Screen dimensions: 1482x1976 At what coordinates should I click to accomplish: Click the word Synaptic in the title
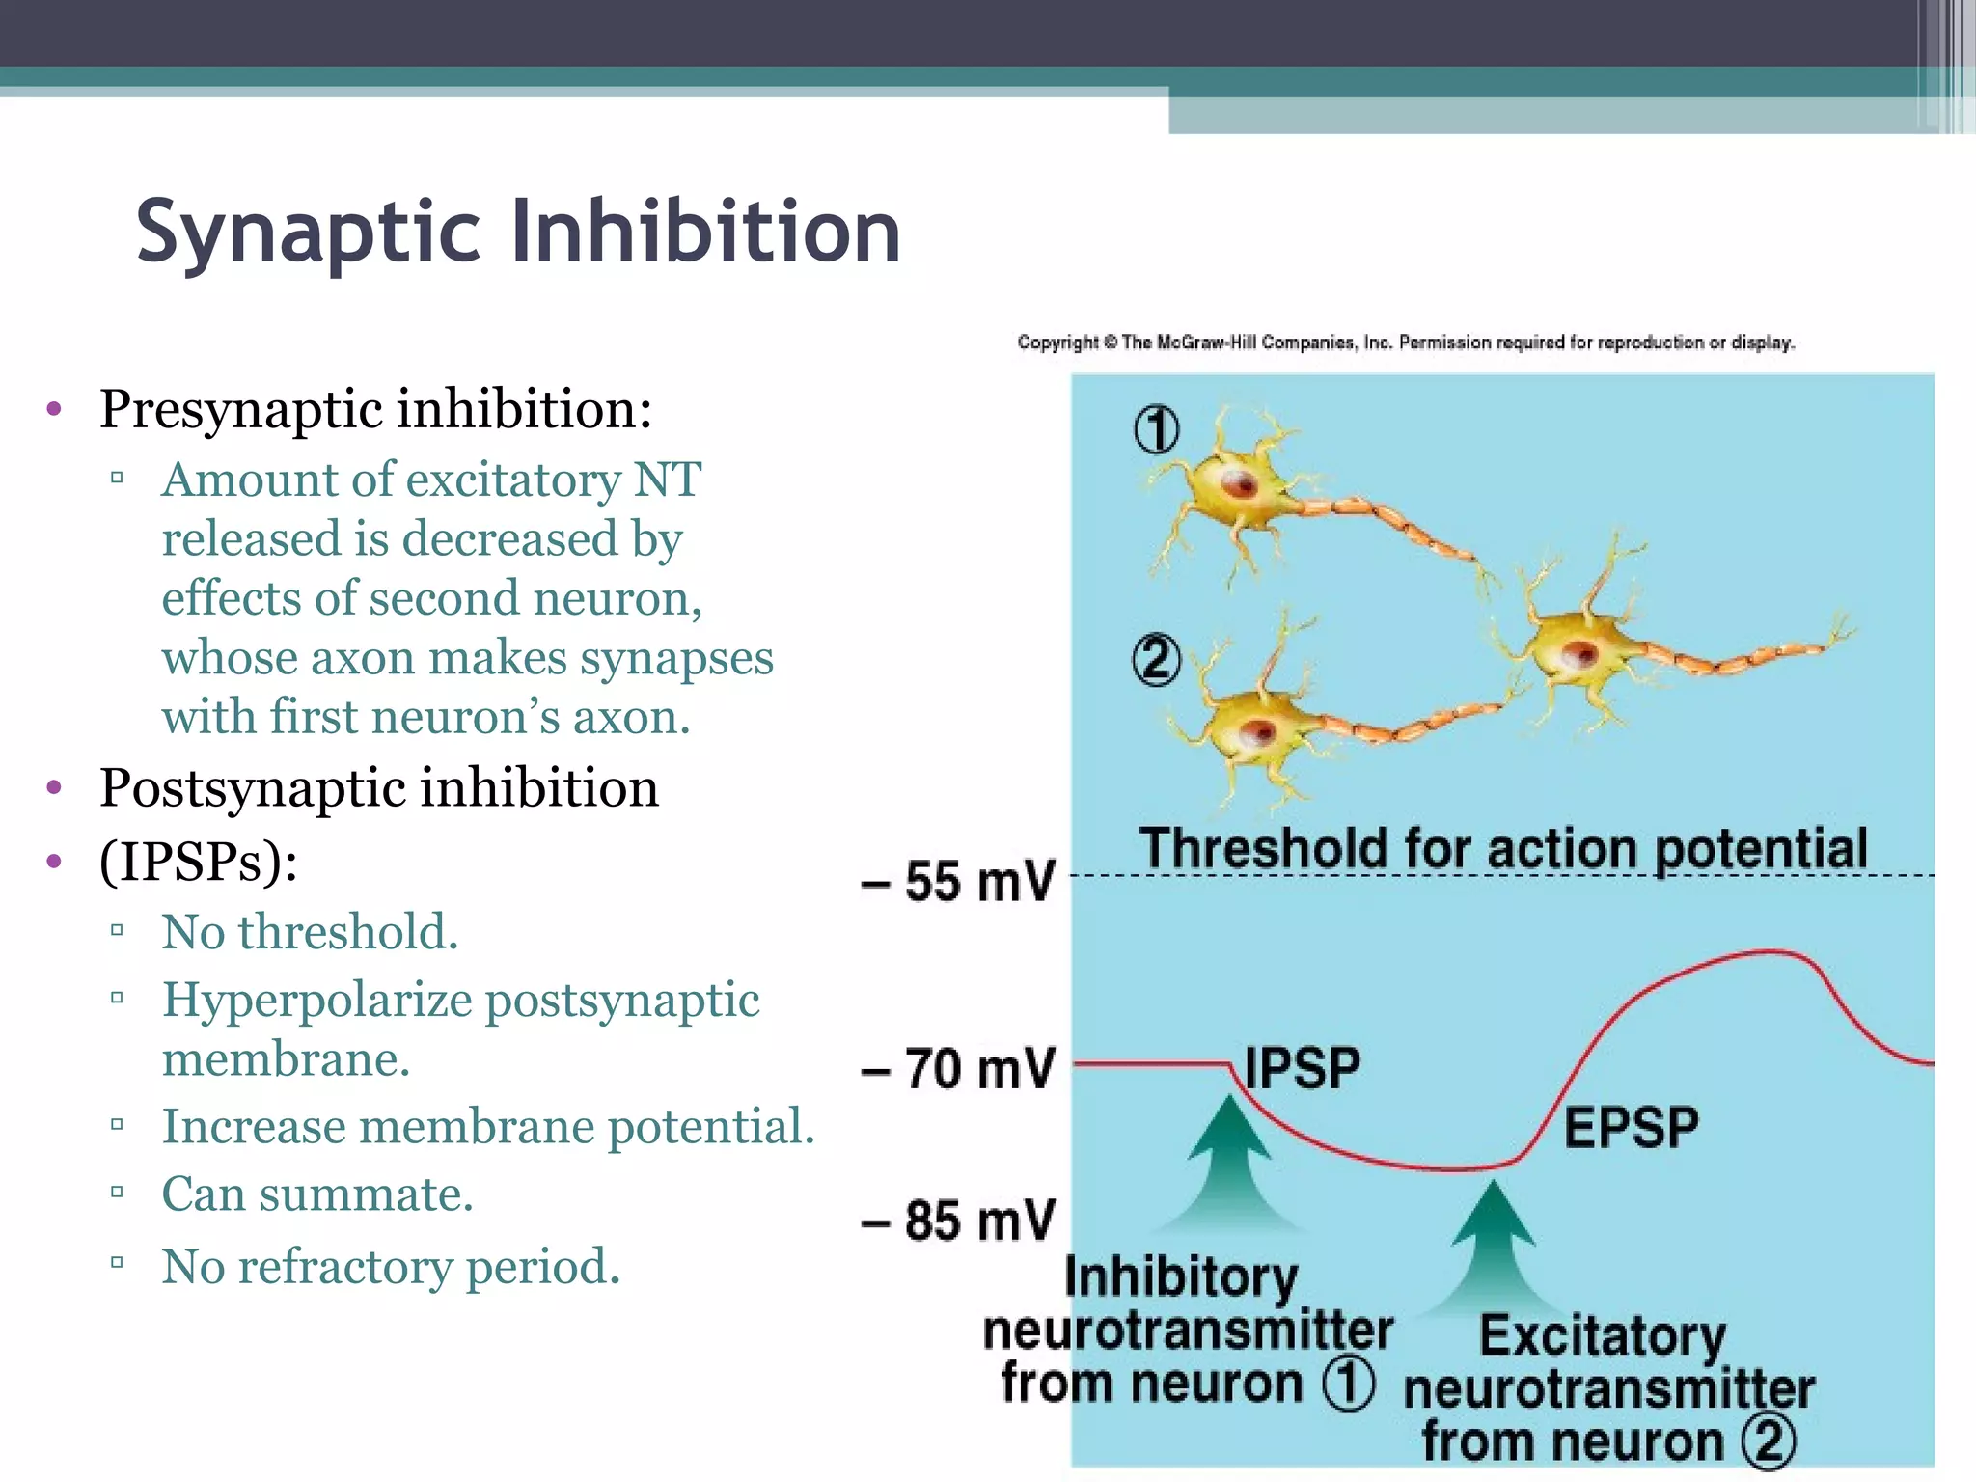(307, 232)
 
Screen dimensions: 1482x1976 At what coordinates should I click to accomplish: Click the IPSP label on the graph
(1302, 1069)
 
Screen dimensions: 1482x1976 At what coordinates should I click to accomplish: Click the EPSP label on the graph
(1631, 1128)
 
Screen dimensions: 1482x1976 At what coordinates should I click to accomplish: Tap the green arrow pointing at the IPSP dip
(1228, 1158)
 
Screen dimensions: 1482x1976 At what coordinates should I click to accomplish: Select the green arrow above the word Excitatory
(1493, 1240)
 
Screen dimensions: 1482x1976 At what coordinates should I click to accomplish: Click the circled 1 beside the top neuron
(1156, 430)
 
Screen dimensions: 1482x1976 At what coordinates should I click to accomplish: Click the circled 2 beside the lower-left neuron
(1156, 660)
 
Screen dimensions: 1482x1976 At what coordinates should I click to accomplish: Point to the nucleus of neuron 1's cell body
(1240, 483)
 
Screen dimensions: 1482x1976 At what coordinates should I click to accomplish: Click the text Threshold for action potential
(1502, 849)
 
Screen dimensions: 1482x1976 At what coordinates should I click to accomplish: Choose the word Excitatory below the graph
(1602, 1335)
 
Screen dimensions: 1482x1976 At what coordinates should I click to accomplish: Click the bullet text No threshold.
(309, 932)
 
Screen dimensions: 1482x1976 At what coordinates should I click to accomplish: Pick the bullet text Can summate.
(316, 1194)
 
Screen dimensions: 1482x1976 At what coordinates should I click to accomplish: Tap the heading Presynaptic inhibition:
(375, 409)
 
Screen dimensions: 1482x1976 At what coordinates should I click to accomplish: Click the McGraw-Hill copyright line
(1406, 343)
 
